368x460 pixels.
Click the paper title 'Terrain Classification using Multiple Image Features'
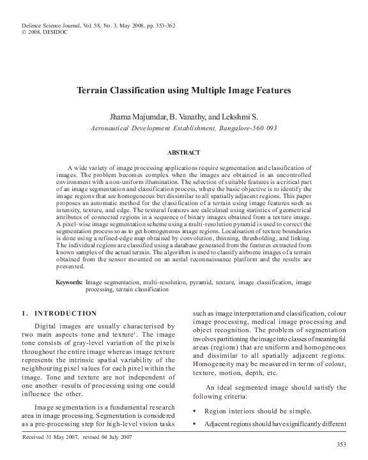[x=183, y=91]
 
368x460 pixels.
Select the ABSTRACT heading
[x=183, y=153]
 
